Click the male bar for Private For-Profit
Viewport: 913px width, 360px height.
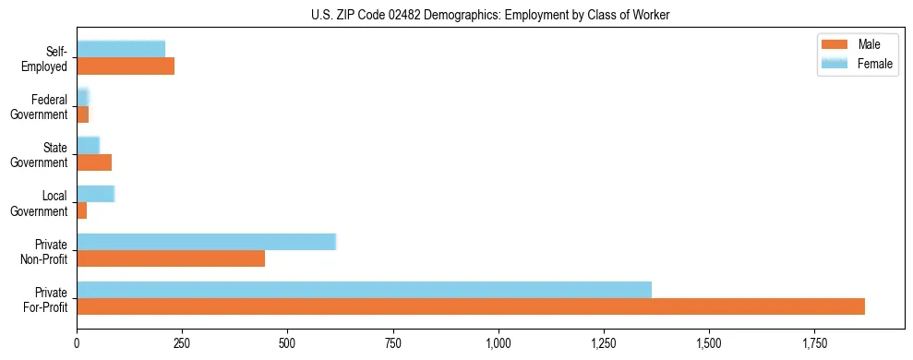[x=471, y=306]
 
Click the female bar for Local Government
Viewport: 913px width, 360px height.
[x=95, y=194]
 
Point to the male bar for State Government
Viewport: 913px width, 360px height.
[x=94, y=162]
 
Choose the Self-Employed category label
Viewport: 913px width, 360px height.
[x=46, y=58]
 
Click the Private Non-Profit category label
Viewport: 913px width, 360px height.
[x=43, y=251]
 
